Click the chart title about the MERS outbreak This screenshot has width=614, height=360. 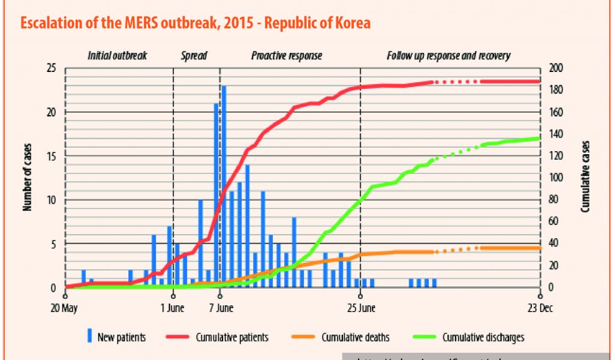point(195,23)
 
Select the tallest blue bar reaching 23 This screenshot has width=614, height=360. point(224,186)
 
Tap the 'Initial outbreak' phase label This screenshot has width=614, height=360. point(117,56)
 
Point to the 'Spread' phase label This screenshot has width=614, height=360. point(194,56)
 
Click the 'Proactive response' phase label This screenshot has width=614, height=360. point(287,56)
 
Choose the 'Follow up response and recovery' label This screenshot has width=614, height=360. point(449,56)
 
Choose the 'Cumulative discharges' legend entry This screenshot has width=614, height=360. point(483,337)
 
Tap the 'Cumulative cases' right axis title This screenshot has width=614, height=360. point(586,178)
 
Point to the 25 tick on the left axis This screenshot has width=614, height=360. point(52,68)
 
